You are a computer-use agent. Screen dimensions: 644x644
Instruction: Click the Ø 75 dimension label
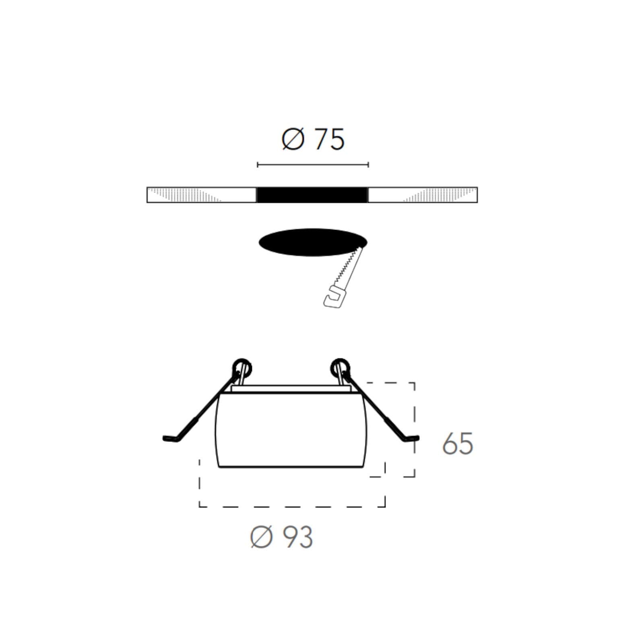point(313,139)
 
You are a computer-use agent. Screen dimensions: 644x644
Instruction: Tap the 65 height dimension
point(458,444)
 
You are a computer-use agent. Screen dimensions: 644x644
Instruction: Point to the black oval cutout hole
point(313,242)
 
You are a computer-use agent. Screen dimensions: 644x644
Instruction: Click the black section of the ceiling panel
point(312,195)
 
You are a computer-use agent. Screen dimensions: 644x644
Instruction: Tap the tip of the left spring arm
point(164,438)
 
